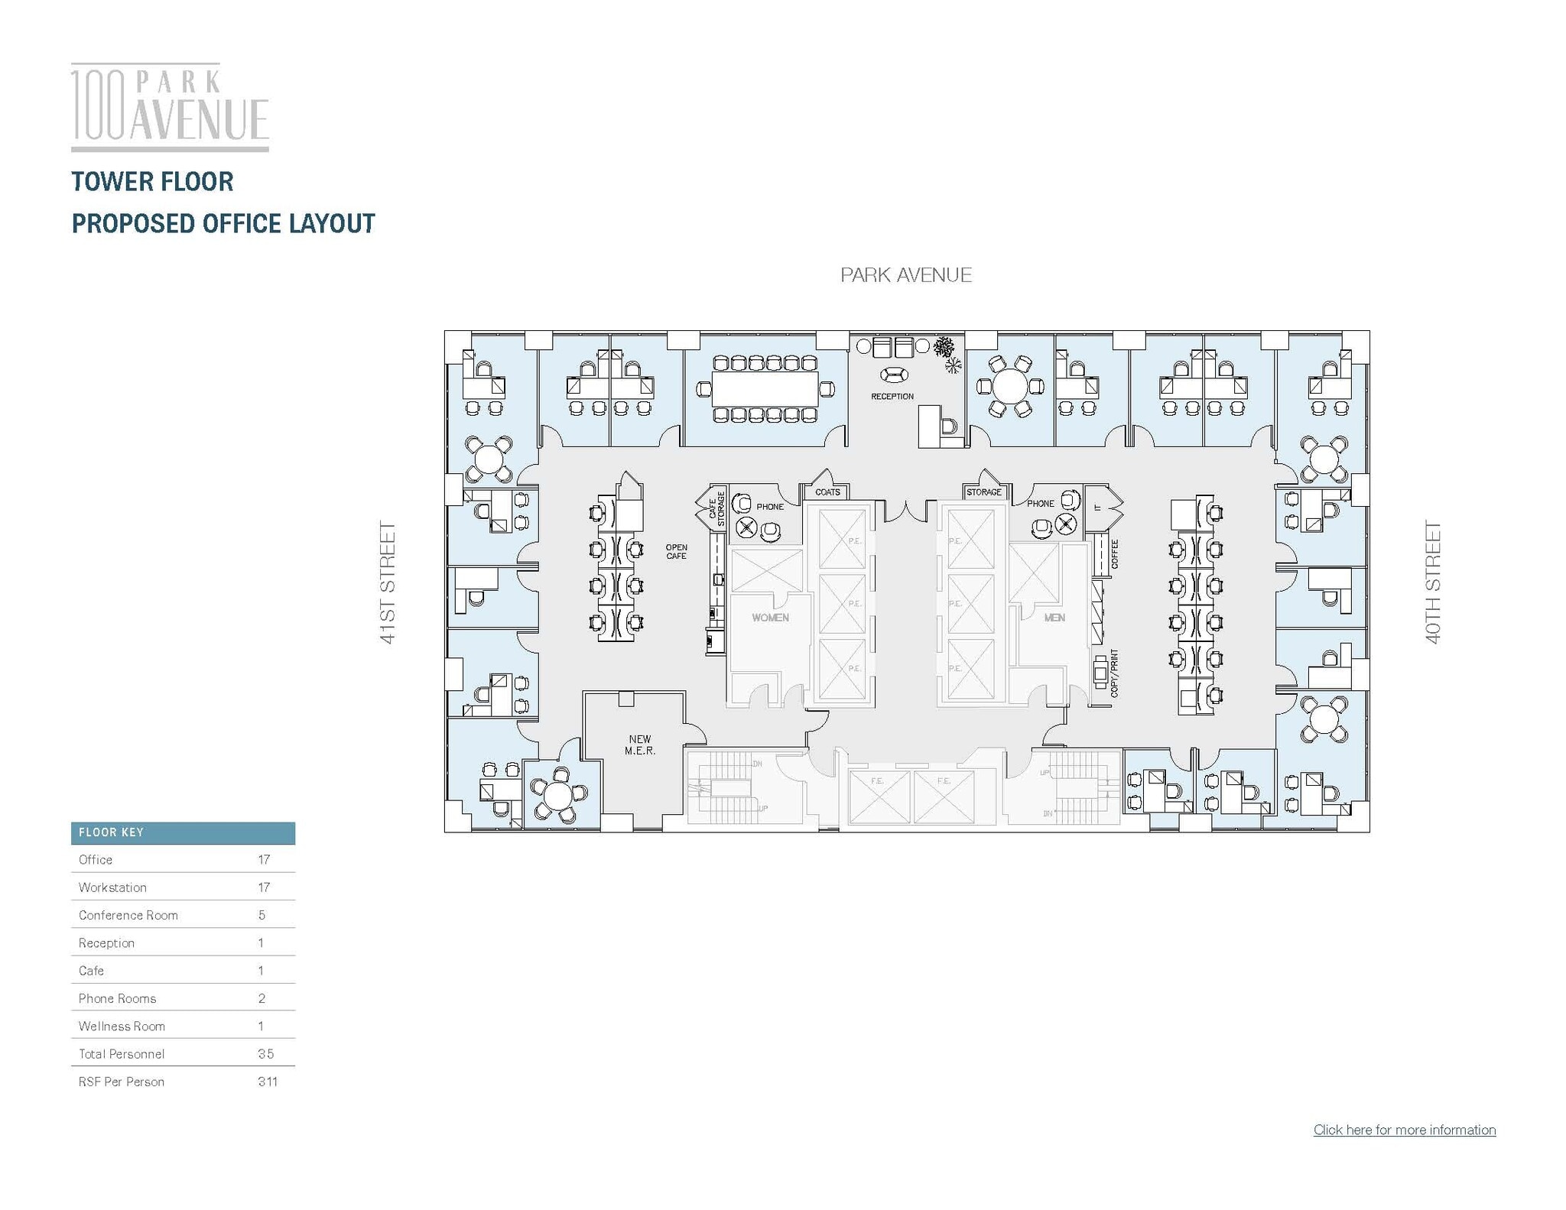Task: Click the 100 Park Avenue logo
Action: point(170,107)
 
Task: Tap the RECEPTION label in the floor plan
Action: point(892,397)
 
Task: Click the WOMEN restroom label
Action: point(769,618)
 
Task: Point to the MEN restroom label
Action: point(1054,618)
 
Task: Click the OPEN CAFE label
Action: point(676,552)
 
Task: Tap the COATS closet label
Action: point(827,492)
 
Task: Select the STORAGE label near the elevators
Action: point(983,492)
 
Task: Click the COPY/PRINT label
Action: point(1114,673)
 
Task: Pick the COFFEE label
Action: point(1114,554)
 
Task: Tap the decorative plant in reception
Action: point(945,348)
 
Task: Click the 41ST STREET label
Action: point(388,582)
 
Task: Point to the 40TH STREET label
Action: point(1432,582)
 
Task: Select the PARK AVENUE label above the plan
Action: point(905,275)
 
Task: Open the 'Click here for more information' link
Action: point(1404,1130)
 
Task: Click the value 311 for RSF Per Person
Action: point(267,1082)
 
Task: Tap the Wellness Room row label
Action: point(122,1026)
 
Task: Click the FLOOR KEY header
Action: point(111,832)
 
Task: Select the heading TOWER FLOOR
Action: point(152,182)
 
